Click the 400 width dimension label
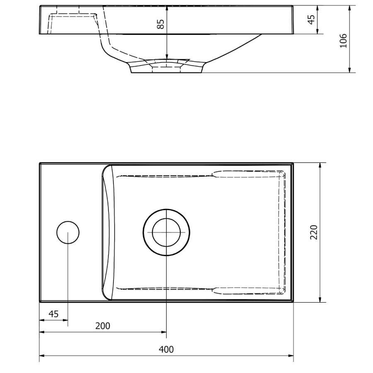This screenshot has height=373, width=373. [166, 349]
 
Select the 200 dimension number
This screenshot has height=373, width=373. [103, 326]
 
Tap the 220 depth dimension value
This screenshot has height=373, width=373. [314, 232]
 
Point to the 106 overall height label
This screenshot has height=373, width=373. [343, 41]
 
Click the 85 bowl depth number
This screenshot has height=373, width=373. [161, 24]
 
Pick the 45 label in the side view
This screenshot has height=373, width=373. [311, 19]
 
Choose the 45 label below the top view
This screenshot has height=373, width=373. [53, 314]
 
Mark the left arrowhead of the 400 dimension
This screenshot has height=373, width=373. [42, 356]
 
